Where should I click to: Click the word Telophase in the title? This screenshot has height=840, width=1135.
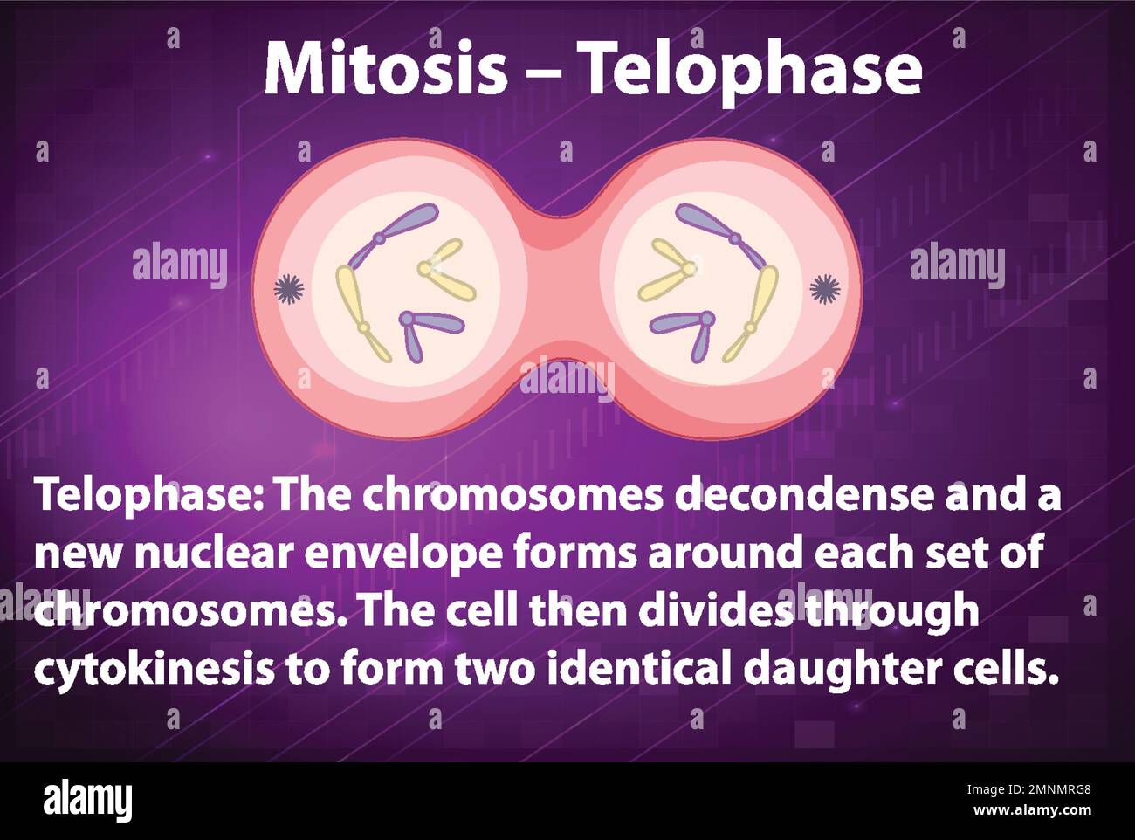[x=752, y=70]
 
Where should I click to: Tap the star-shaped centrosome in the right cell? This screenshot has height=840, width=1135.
[x=824, y=287]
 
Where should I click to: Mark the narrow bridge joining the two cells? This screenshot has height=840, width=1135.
[x=563, y=288]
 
